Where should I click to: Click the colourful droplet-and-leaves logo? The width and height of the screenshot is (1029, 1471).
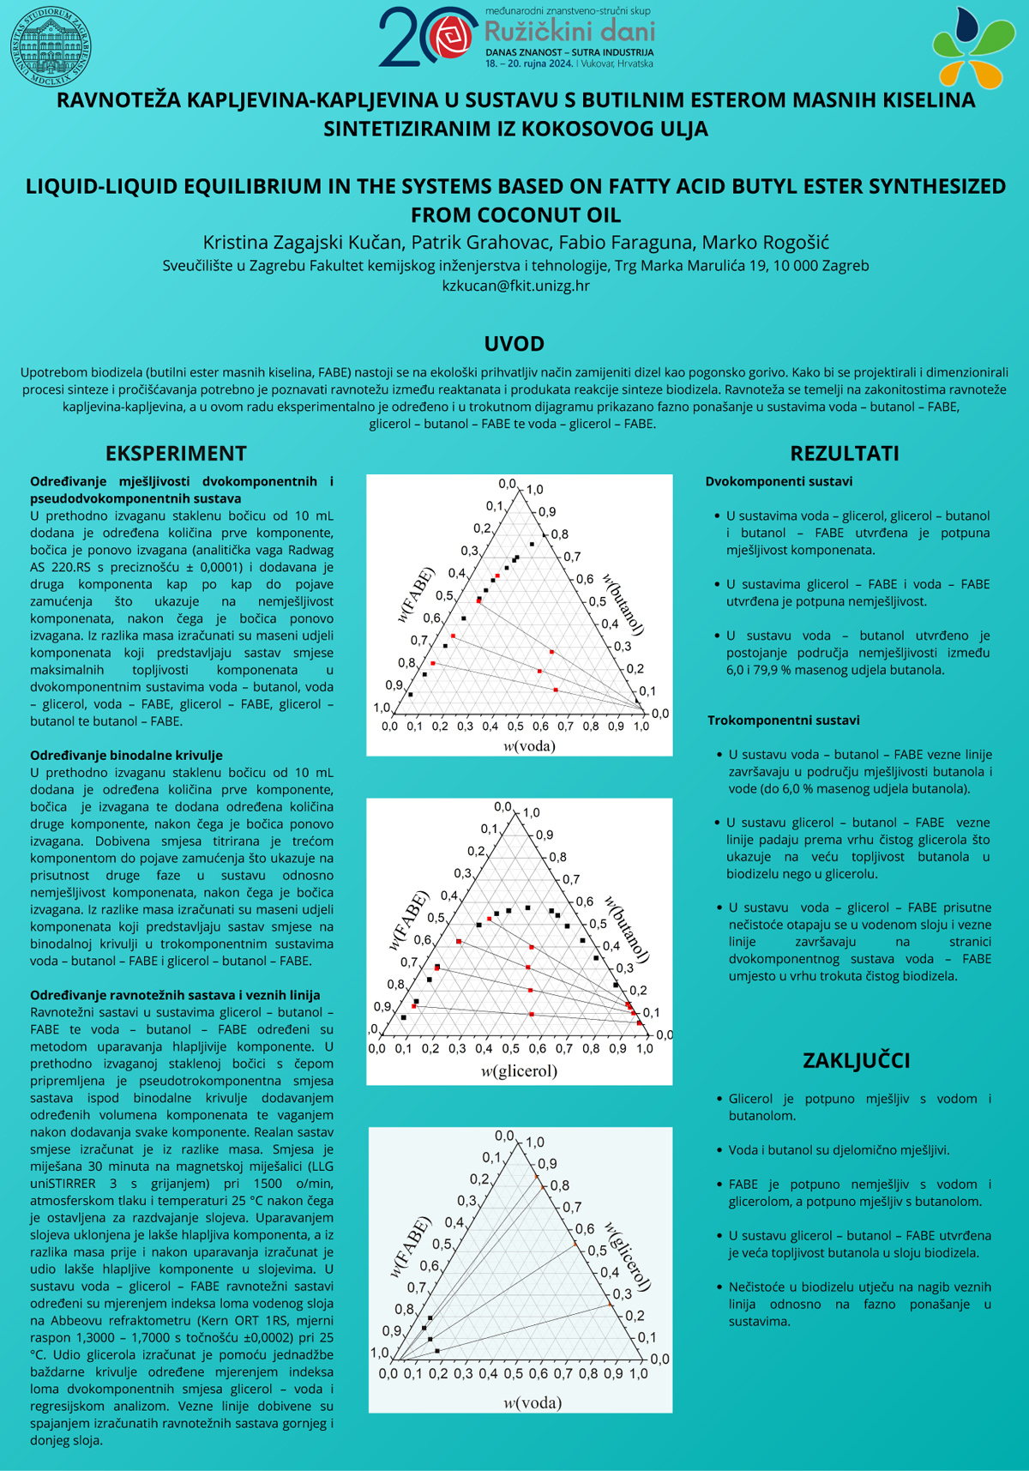(x=972, y=47)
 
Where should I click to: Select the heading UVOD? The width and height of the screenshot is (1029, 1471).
(x=514, y=344)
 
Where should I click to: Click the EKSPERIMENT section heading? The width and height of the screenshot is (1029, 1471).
(x=176, y=454)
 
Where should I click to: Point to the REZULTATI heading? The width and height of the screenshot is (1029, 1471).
(x=844, y=454)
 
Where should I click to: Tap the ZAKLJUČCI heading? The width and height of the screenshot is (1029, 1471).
(x=856, y=1060)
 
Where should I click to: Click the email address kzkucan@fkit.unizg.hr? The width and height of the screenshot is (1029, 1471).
(x=515, y=286)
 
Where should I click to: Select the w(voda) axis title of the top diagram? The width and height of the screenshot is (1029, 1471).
(x=529, y=745)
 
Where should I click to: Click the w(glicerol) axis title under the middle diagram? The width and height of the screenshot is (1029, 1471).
(x=519, y=1070)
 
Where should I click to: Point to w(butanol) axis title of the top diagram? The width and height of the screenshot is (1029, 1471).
(x=624, y=604)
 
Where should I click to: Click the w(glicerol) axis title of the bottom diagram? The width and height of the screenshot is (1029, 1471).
(x=629, y=1257)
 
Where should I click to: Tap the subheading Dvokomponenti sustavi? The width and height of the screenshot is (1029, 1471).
(x=779, y=482)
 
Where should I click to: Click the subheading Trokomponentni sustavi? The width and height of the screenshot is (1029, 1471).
(x=783, y=720)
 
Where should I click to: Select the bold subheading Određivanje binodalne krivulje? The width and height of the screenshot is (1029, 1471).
(x=126, y=756)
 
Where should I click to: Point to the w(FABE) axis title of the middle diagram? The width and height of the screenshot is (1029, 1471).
(x=408, y=921)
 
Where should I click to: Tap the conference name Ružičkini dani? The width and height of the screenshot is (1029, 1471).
(x=569, y=32)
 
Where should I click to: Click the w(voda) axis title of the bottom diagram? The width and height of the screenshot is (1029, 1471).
(x=532, y=1402)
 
